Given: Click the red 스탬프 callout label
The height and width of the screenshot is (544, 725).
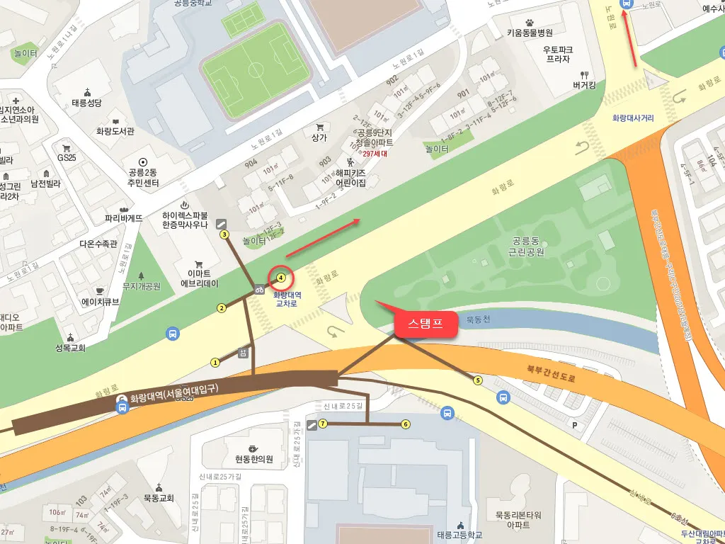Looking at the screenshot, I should [x=425, y=324].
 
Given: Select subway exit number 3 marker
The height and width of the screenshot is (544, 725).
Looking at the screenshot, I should [x=224, y=234].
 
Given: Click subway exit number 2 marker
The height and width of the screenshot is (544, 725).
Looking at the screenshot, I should [x=222, y=307].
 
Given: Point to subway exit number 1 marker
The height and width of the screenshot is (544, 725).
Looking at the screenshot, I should [x=215, y=362].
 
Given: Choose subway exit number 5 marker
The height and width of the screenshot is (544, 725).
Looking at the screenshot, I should [x=477, y=380].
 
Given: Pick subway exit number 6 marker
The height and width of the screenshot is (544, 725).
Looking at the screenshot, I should [x=406, y=424].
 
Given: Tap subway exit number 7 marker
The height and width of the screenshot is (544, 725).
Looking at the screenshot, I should [x=323, y=424].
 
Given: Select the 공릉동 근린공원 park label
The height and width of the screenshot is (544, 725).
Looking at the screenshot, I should [x=526, y=246].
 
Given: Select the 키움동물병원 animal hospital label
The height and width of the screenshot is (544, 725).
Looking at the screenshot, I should [x=530, y=33].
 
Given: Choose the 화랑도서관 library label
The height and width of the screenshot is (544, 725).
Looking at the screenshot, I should [x=115, y=131].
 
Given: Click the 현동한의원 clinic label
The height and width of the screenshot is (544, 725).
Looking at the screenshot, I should [x=254, y=459].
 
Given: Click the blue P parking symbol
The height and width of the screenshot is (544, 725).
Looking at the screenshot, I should [x=574, y=426].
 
